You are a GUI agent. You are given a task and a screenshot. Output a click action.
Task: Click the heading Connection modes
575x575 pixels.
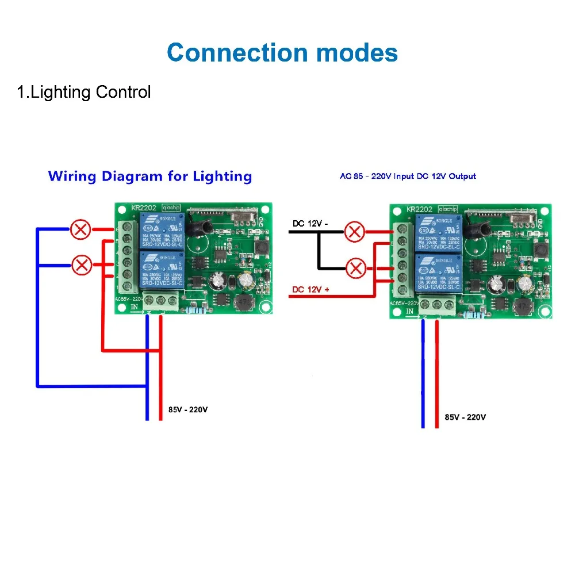coord(282,53)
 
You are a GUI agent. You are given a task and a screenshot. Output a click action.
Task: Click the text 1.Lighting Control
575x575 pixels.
coord(84,92)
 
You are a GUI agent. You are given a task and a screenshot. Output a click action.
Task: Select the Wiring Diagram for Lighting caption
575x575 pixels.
coord(150,176)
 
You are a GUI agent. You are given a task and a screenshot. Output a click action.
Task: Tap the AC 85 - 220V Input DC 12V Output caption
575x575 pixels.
coord(408,176)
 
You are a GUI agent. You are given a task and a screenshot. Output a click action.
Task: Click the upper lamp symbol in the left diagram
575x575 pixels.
coord(80,230)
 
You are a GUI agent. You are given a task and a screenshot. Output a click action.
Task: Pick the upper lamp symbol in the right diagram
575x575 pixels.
coord(355,232)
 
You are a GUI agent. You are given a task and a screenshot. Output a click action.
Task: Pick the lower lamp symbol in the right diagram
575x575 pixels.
coord(357,268)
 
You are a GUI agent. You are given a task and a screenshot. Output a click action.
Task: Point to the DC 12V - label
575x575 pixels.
coord(310,223)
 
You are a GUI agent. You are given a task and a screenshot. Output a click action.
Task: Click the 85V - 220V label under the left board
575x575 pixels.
coord(188,410)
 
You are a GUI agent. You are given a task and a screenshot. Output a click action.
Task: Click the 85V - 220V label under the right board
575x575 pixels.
coord(465,417)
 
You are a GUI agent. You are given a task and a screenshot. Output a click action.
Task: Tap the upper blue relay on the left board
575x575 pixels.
coord(160,231)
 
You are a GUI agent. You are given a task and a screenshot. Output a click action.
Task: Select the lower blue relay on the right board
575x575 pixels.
coord(436,274)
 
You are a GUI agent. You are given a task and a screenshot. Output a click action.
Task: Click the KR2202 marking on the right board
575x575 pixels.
coord(419,210)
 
